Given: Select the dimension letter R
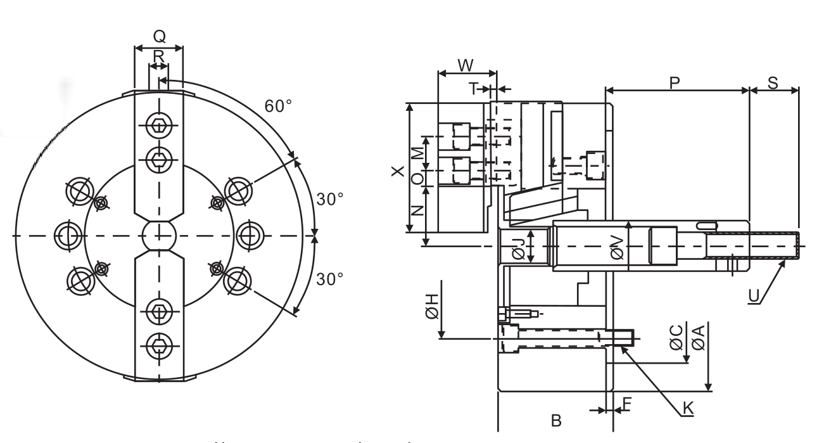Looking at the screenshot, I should point(158,55).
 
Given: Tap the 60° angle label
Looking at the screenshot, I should point(278,106).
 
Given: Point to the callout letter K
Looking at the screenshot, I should point(687,409).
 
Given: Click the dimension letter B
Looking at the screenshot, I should point(555,421).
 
